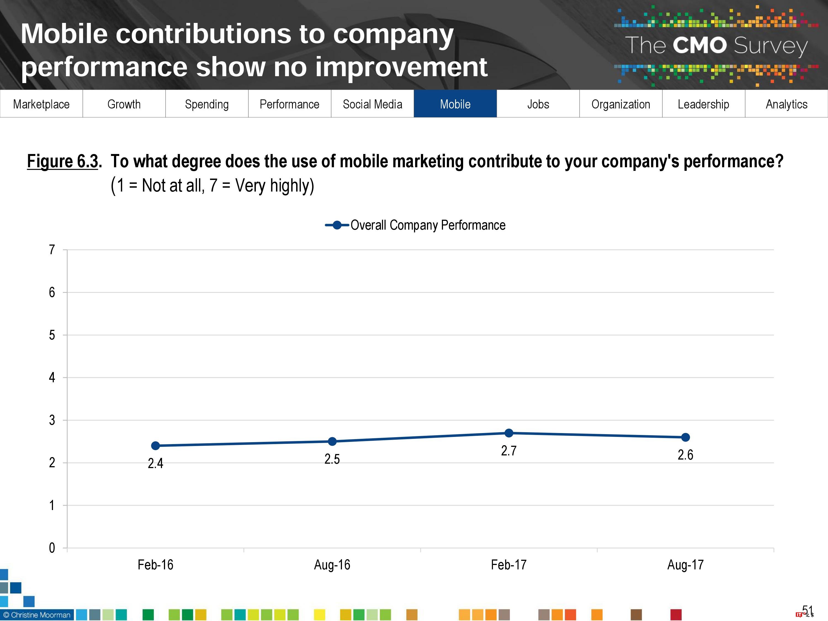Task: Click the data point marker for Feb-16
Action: (155, 445)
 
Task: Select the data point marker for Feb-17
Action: (509, 433)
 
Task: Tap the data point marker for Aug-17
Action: (685, 437)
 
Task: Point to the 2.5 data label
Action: (332, 459)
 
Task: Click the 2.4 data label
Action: (155, 463)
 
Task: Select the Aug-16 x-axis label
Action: (332, 564)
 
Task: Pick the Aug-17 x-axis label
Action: (685, 564)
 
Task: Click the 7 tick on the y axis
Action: (52, 250)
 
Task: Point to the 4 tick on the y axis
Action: (52, 377)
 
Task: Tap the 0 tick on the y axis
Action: (52, 548)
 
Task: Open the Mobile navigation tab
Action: (455, 104)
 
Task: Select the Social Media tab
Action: (372, 104)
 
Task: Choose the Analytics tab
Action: (786, 104)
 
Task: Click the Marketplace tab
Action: (41, 104)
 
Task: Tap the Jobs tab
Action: (538, 104)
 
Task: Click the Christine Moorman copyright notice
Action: (37, 615)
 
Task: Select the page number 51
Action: (807, 611)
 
